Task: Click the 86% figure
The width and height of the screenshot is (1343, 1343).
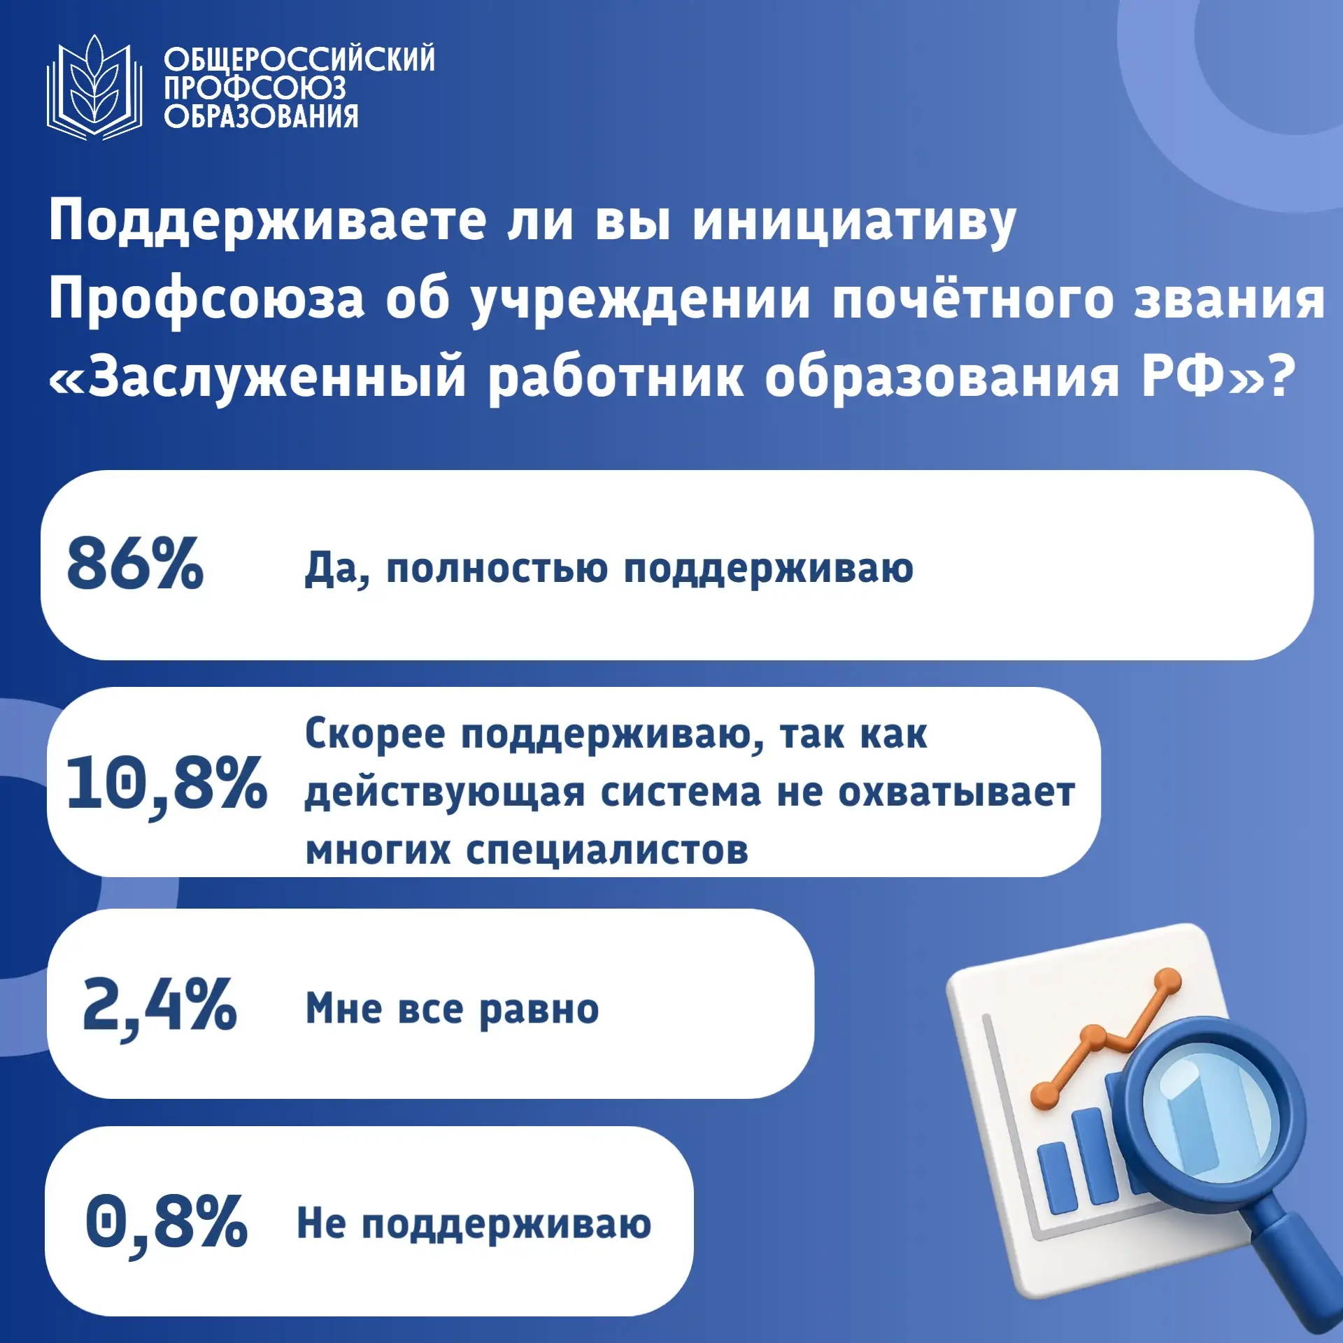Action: [x=135, y=564]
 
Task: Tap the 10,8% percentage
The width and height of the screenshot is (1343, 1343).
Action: [x=166, y=784]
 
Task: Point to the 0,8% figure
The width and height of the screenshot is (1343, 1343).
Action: [x=166, y=1222]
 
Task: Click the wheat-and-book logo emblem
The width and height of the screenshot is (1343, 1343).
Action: [x=94, y=88]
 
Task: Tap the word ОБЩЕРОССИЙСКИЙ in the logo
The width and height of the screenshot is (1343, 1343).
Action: [x=299, y=59]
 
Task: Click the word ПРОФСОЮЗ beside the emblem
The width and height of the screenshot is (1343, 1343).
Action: [x=255, y=88]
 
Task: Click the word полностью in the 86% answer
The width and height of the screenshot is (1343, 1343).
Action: [x=497, y=568]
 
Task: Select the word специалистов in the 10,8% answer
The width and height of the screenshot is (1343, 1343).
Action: [x=607, y=851]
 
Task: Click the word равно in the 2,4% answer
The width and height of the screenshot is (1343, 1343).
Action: [x=539, y=1009]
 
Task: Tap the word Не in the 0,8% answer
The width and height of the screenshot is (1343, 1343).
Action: [x=321, y=1223]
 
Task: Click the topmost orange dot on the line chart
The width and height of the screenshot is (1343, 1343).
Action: [x=1166, y=979]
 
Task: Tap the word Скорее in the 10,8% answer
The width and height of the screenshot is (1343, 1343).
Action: [x=375, y=734]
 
